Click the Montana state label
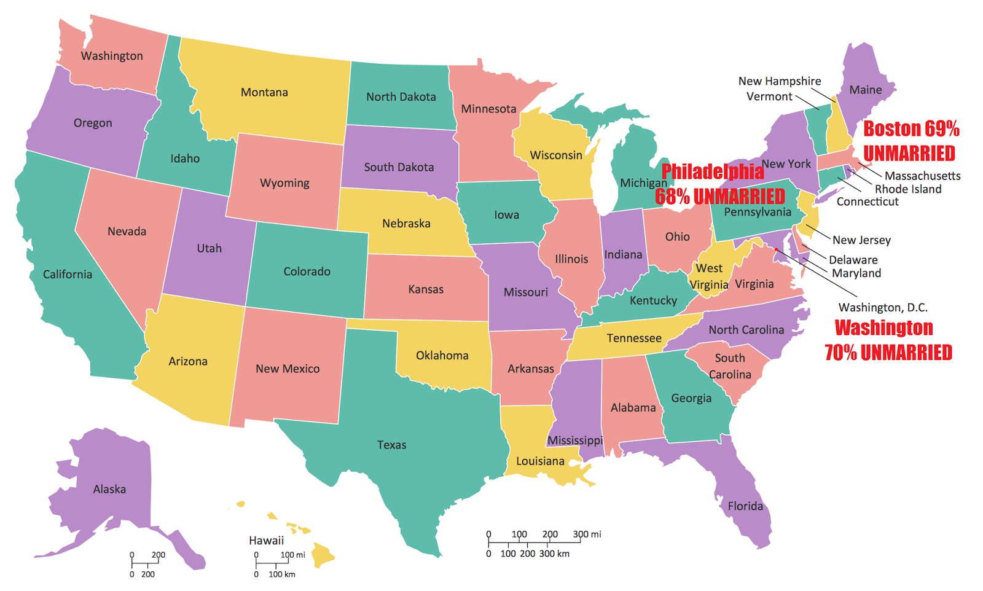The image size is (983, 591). pyautogui.click(x=264, y=93)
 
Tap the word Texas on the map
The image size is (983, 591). pyautogui.click(x=391, y=445)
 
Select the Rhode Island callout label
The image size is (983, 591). pyautogui.click(x=907, y=189)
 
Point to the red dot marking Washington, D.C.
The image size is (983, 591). pyautogui.click(x=776, y=249)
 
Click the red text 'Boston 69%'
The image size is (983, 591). pyautogui.click(x=911, y=129)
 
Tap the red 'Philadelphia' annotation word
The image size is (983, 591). pyautogui.click(x=713, y=171)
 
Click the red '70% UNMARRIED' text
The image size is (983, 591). pyautogui.click(x=888, y=353)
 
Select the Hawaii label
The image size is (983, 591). pyautogui.click(x=266, y=541)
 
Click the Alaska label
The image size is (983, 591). pyautogui.click(x=109, y=489)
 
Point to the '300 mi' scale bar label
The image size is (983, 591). pyautogui.click(x=587, y=534)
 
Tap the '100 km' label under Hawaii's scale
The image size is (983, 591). pyautogui.click(x=281, y=574)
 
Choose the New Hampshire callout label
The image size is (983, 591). pyautogui.click(x=779, y=81)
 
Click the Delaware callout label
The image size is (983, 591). pyautogui.click(x=853, y=260)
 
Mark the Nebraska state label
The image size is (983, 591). pyautogui.click(x=406, y=224)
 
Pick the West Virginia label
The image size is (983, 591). pyautogui.click(x=709, y=276)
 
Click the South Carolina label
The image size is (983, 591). pyautogui.click(x=730, y=366)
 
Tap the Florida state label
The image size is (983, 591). pyautogui.click(x=745, y=506)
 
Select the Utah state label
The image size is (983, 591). pyautogui.click(x=209, y=248)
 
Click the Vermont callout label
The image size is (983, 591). pyautogui.click(x=769, y=96)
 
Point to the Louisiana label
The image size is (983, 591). pyautogui.click(x=540, y=461)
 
